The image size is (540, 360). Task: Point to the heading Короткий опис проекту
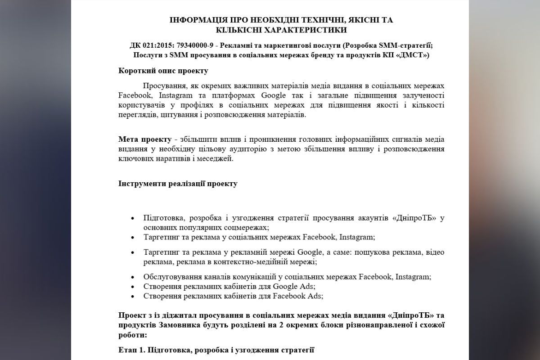pos(163,71)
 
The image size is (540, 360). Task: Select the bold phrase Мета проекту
pos(145,139)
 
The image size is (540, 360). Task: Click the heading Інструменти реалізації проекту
pos(178,184)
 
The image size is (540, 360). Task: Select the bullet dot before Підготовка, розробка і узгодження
pos(132,218)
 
